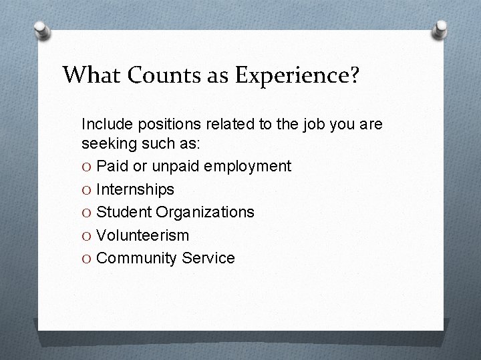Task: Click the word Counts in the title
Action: click(x=162, y=75)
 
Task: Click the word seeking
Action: click(x=107, y=143)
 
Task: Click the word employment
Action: click(x=248, y=167)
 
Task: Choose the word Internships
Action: click(x=135, y=190)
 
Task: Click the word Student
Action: click(x=123, y=212)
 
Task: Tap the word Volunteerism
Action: click(x=142, y=235)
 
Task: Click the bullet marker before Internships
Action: click(x=87, y=190)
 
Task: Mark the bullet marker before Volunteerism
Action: click(x=87, y=235)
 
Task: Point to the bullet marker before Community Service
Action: click(x=87, y=258)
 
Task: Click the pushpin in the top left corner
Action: click(x=42, y=30)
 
